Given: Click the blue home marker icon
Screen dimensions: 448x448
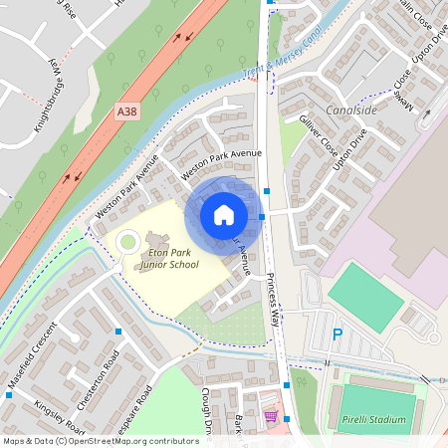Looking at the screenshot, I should tap(224, 214).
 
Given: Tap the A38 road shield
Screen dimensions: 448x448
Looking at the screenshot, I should tap(126, 112).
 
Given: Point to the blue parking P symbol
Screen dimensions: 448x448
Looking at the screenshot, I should tap(336, 334).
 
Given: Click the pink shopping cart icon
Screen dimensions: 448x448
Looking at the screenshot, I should tap(271, 415).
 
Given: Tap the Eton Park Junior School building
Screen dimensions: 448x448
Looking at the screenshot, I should tap(159, 242).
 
